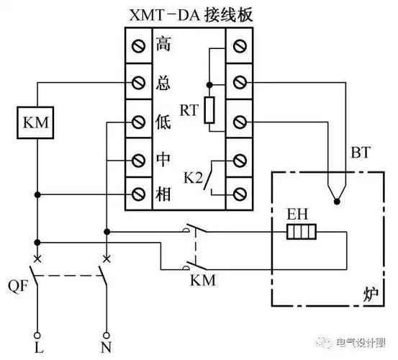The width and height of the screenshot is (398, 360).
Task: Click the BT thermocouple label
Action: tap(359, 153)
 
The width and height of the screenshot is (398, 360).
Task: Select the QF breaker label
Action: tap(16, 282)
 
